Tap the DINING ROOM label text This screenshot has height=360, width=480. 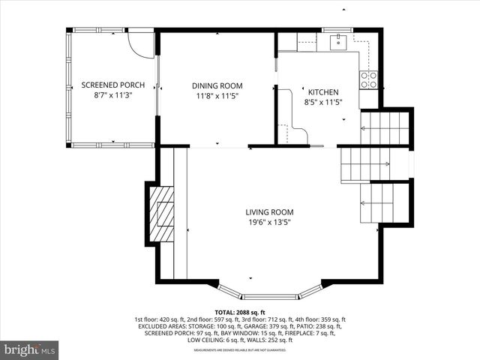pyautogui.click(x=216, y=85)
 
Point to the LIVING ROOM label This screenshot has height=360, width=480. pyautogui.click(x=269, y=212)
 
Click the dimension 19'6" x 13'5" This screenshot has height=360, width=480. pyautogui.click(x=269, y=223)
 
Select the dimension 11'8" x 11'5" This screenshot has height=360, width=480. pyautogui.click(x=216, y=96)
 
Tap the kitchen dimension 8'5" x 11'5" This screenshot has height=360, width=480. pyautogui.click(x=323, y=101)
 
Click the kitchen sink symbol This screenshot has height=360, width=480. pyautogui.click(x=338, y=40)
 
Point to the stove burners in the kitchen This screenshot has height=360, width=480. pyautogui.click(x=368, y=79)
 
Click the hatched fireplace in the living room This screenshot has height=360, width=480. pyautogui.click(x=161, y=213)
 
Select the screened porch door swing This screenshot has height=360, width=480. pyautogui.click(x=139, y=42)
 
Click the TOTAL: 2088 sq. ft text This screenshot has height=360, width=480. pyautogui.click(x=240, y=312)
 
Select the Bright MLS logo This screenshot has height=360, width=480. pyautogui.click(x=30, y=349)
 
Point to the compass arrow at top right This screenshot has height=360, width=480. pyautogui.click(x=343, y=9)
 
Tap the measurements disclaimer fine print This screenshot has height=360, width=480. pyautogui.click(x=240, y=350)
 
